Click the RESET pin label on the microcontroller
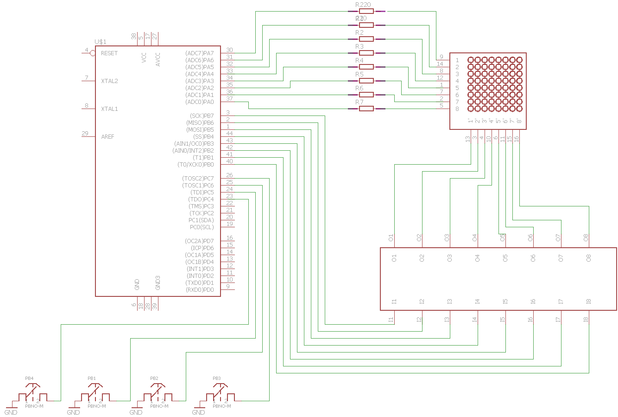click(x=109, y=53)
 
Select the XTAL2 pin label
click(x=109, y=81)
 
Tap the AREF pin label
click(x=107, y=137)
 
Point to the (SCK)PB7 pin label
click(x=202, y=116)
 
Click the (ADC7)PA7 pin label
click(x=200, y=53)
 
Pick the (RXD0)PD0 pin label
click(x=200, y=290)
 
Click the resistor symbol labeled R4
click(x=366, y=67)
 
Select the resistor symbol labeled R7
click(x=366, y=109)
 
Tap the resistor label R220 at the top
click(x=363, y=5)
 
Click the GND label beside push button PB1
click(x=73, y=412)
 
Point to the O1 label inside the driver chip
click(x=394, y=258)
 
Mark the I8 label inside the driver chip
click(x=589, y=302)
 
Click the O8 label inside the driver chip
click(x=589, y=258)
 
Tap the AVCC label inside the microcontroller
click(x=158, y=59)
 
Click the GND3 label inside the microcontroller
click(x=158, y=282)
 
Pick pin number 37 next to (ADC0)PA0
click(x=229, y=99)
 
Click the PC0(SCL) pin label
click(x=202, y=227)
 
